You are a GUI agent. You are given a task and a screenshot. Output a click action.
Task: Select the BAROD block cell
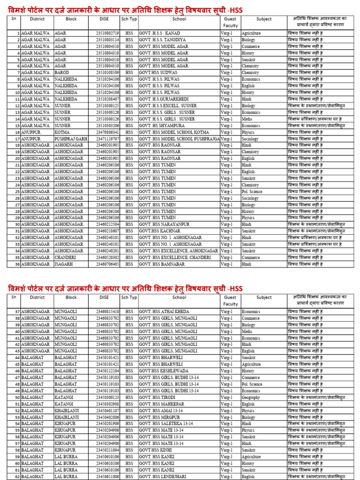pos(61,73)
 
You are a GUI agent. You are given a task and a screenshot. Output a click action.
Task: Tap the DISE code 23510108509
pos(107,73)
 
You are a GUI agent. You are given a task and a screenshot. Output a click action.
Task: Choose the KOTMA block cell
pos(62,132)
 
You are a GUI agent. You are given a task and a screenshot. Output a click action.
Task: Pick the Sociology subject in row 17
pos(251,139)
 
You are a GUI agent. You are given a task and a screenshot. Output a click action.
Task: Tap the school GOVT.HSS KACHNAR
pos(159,231)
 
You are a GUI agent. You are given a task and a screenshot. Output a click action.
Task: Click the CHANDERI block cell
pos(65,257)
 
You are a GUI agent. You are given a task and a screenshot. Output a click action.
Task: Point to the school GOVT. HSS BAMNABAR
pos(162,264)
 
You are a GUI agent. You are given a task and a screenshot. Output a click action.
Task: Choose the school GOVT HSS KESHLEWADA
pos(163,371)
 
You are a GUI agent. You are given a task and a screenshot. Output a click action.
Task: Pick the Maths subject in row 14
pos(247,119)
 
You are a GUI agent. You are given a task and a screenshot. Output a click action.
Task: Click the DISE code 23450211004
pos(107,450)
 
